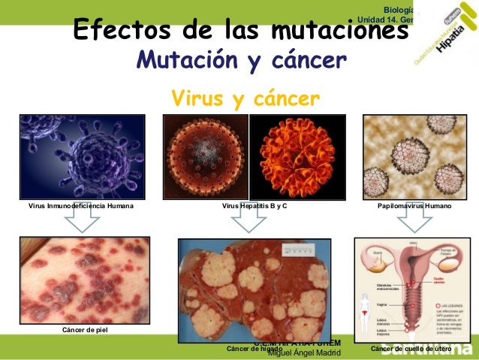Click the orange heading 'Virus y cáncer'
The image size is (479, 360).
(246, 98)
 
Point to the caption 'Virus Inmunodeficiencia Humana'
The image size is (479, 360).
(76, 204)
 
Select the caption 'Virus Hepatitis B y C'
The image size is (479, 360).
(255, 204)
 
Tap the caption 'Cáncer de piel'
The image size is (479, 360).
(84, 330)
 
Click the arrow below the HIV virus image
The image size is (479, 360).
(83, 220)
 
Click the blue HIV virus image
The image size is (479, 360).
(75, 157)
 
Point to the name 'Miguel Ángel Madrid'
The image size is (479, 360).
(304, 354)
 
